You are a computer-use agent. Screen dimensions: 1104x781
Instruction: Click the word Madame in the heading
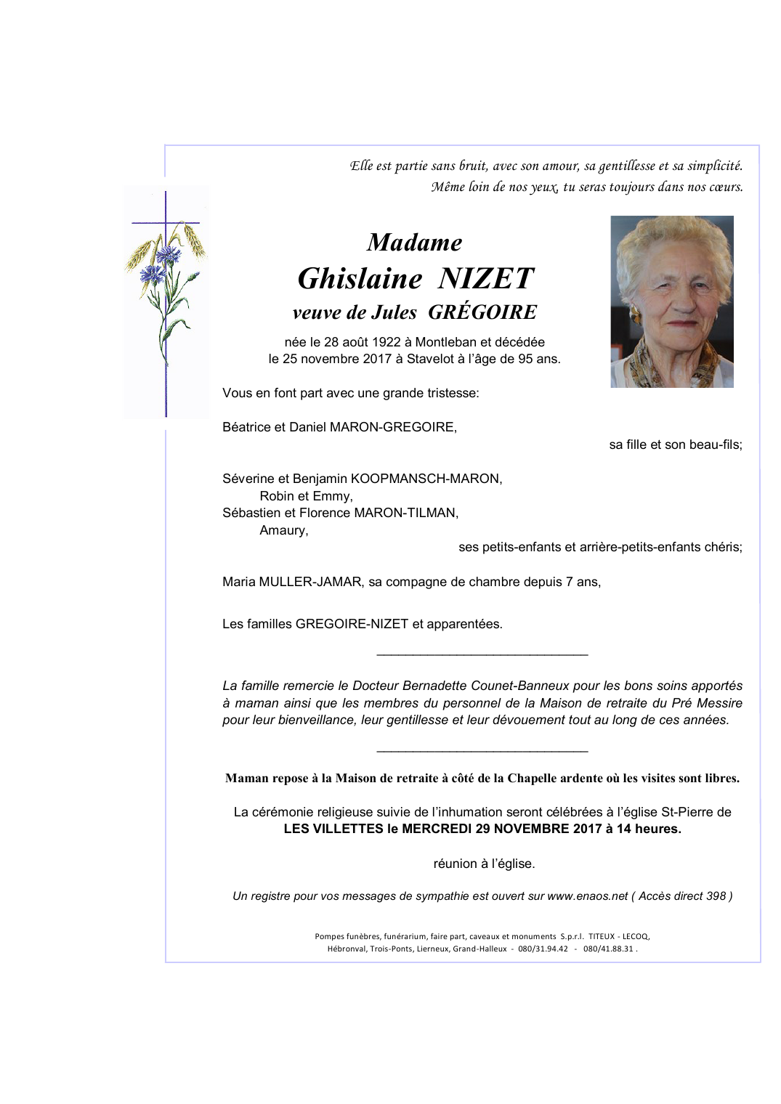[414, 243]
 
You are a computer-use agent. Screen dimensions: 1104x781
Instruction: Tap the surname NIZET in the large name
[486, 279]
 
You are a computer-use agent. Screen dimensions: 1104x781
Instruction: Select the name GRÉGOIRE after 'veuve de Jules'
[482, 312]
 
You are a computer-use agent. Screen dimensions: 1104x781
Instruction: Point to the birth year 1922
[386, 342]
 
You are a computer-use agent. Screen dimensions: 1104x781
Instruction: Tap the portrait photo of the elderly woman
[671, 301]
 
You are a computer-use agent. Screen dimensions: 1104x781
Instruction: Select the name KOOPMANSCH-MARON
[426, 479]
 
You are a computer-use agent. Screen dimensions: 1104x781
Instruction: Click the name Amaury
[283, 530]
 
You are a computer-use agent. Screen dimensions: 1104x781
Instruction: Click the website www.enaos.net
[587, 896]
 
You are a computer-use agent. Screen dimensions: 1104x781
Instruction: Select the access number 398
[716, 896]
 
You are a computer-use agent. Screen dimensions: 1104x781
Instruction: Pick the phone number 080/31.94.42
[543, 949]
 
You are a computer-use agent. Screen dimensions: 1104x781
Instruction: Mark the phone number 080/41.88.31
[608, 949]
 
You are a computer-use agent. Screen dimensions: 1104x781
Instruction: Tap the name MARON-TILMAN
[406, 513]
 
